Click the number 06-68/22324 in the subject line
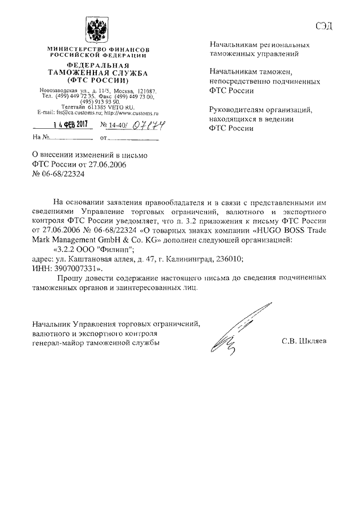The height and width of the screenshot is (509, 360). pyautogui.click(x=57, y=174)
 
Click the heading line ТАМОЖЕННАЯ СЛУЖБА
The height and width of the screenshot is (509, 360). pyautogui.click(x=97, y=73)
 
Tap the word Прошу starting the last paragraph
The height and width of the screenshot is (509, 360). pyautogui.click(x=70, y=278)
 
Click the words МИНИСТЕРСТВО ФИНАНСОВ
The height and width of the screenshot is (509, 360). pyautogui.click(x=98, y=50)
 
